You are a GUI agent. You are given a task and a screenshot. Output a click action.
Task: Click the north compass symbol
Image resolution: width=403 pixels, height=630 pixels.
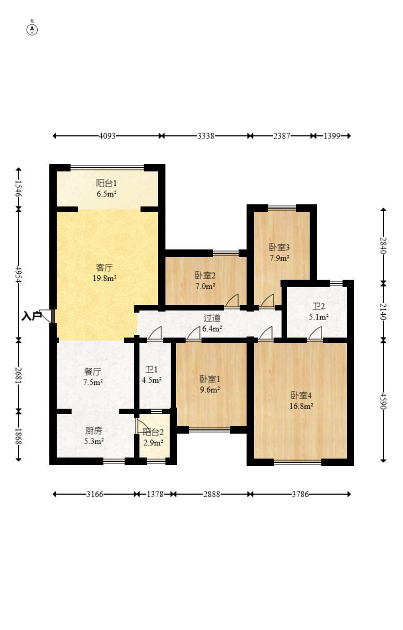(x=32, y=29)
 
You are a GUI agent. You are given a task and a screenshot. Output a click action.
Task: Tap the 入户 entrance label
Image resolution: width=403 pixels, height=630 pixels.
(x=32, y=316)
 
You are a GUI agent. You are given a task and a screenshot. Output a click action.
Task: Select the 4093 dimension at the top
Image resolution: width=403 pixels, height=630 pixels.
(x=107, y=136)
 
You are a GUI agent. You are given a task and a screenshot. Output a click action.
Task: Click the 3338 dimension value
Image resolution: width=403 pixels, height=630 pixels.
(x=206, y=136)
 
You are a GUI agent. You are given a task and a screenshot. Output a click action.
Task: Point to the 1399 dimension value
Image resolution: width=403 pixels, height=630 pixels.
(x=332, y=136)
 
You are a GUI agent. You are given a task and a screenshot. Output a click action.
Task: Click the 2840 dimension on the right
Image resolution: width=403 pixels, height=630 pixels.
(x=383, y=246)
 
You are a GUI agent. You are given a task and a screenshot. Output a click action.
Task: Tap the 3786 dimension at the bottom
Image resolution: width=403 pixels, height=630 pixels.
(x=300, y=494)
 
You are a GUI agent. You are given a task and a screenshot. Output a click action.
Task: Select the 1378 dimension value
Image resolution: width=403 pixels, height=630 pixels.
(x=155, y=494)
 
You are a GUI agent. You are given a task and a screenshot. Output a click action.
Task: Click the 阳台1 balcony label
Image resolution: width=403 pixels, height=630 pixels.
(x=107, y=183)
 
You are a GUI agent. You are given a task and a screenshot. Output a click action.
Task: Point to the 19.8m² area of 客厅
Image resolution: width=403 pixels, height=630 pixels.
(x=105, y=278)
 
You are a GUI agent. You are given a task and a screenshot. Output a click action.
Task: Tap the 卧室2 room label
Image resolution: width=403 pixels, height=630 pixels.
(x=205, y=275)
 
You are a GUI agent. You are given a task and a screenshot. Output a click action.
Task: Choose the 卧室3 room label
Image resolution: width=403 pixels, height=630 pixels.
(x=279, y=247)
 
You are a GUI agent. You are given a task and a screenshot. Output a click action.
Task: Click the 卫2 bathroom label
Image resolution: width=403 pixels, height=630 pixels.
(x=319, y=307)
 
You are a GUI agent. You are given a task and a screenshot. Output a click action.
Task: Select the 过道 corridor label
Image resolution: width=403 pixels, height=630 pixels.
(x=212, y=318)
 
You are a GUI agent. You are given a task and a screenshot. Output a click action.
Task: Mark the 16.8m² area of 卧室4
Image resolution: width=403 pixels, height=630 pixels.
(x=301, y=406)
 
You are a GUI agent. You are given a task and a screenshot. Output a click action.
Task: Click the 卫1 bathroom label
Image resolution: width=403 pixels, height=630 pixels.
(x=152, y=369)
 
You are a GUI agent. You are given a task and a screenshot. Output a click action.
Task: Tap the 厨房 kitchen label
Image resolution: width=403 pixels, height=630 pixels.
(x=93, y=431)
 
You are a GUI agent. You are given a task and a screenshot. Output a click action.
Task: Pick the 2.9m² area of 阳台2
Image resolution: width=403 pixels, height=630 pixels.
(x=153, y=443)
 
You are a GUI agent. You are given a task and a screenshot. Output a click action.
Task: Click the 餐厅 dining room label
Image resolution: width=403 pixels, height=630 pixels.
(x=93, y=372)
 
